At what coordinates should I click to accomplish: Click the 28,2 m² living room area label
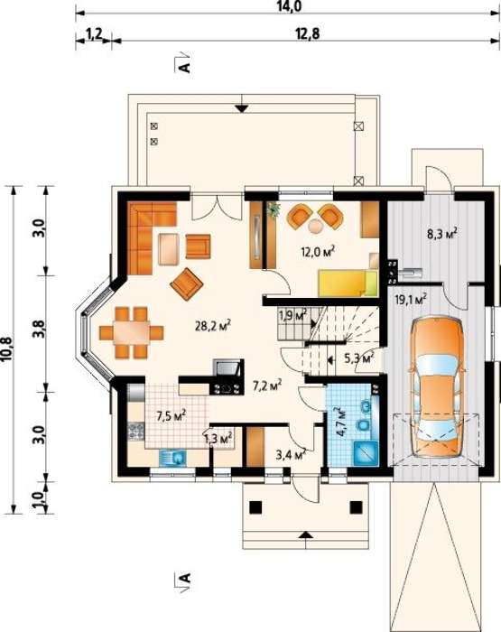click(x=213, y=325)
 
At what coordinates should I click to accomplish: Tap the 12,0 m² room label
click(x=319, y=252)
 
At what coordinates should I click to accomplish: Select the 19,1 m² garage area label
click(x=410, y=300)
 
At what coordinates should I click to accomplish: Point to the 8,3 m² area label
click(x=442, y=233)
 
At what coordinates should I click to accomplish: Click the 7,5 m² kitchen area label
click(x=172, y=415)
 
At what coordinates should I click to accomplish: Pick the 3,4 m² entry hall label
click(x=290, y=455)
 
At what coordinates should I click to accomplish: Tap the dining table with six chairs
click(x=131, y=332)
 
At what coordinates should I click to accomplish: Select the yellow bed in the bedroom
click(x=348, y=283)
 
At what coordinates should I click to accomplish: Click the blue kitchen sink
click(x=173, y=459)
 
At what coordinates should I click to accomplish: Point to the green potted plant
click(x=274, y=209)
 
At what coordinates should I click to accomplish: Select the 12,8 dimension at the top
click(x=309, y=34)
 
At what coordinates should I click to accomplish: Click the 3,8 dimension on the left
click(x=41, y=330)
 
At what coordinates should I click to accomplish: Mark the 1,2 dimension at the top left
click(x=94, y=34)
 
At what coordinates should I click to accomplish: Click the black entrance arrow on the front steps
click(x=307, y=534)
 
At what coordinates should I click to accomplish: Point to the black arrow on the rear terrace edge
click(x=241, y=108)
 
